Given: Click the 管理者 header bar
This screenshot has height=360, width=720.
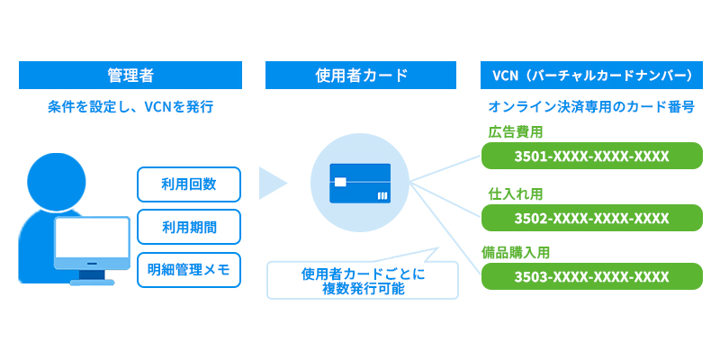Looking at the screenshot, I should coord(130,75).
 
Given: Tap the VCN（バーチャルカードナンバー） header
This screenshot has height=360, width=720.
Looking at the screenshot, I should coord(591,75).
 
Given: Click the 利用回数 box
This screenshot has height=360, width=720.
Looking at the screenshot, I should coord(189,184).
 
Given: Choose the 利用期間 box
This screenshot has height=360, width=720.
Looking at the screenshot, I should coord(189,227).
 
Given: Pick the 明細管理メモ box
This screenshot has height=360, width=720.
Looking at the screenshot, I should coord(189,269).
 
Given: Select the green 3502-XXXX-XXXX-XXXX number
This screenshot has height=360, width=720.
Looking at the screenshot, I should coord(591,218).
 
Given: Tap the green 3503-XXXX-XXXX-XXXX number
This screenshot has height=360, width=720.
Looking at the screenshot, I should coord(591,275).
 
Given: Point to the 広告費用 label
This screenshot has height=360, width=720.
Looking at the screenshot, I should coord(516,131).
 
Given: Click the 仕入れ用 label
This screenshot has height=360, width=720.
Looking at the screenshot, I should coord(516,193).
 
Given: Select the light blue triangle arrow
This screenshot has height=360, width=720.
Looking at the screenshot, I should coord(271,183).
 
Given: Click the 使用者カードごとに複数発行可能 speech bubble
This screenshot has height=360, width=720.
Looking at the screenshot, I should coord(363,281).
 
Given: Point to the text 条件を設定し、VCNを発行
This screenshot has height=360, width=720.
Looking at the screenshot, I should coord(130,106).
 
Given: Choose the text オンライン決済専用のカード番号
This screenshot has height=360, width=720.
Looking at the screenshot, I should coord(591,106).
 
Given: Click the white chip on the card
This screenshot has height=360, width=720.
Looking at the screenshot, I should coord(339,182).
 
